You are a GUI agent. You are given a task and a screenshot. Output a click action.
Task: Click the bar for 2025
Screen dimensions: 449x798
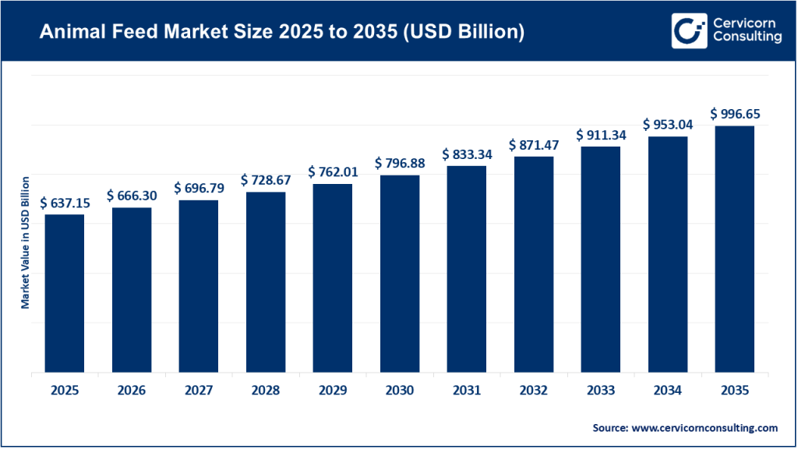pyautogui.click(x=64, y=293)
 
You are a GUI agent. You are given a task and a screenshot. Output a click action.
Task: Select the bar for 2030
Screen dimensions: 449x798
pyautogui.click(x=400, y=274)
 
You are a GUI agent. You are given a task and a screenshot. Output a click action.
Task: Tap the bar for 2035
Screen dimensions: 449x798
pyautogui.click(x=735, y=249)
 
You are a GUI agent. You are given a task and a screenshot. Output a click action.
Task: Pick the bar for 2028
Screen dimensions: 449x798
pyautogui.click(x=266, y=282)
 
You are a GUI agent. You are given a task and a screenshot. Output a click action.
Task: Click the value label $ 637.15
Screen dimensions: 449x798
pyautogui.click(x=64, y=203)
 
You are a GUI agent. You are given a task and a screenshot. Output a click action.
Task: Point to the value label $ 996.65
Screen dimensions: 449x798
pyautogui.click(x=735, y=114)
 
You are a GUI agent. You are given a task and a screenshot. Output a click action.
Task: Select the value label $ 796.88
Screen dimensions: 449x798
pyautogui.click(x=400, y=163)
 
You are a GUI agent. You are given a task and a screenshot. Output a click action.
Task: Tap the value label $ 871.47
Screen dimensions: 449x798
pyautogui.click(x=534, y=145)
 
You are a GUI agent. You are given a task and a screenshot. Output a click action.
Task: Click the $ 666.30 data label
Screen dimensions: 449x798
pyautogui.click(x=132, y=196)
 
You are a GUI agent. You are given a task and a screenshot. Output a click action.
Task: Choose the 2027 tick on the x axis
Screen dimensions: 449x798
pyautogui.click(x=199, y=390)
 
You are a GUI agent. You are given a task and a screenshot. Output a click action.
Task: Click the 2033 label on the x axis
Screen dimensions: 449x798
pyautogui.click(x=601, y=390)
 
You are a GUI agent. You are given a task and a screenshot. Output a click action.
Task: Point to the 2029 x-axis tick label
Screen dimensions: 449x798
pyautogui.click(x=333, y=390)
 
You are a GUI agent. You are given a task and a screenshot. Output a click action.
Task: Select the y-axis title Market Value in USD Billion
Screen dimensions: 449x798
pyautogui.click(x=25, y=242)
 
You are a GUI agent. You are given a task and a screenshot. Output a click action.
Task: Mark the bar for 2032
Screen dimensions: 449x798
pyautogui.click(x=534, y=264)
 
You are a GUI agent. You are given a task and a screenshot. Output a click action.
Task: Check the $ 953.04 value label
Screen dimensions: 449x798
pyautogui.click(x=668, y=124)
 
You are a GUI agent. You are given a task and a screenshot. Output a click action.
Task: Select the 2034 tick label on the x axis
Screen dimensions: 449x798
pyautogui.click(x=668, y=390)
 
